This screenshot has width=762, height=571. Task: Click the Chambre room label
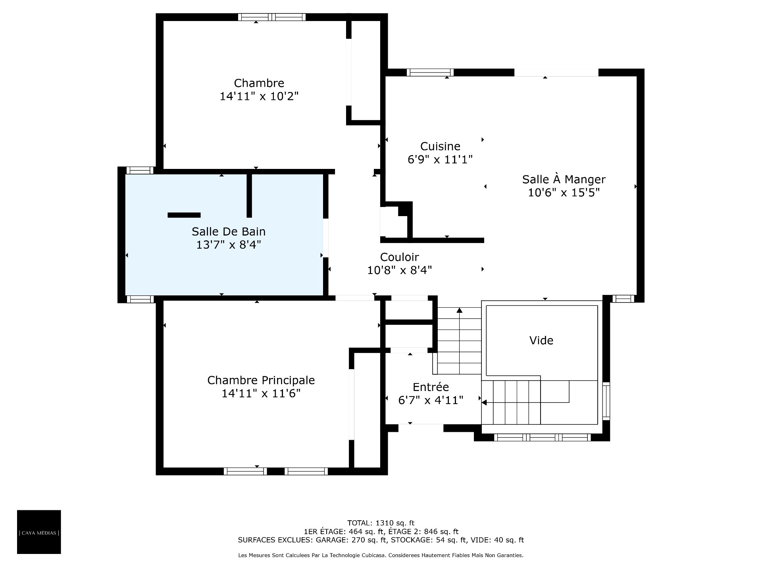259,83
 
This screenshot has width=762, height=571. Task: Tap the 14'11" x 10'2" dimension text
259,96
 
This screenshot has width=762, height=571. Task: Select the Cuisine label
440,146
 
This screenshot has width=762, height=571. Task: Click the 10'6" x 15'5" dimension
564,192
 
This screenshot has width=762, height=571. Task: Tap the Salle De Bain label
229,232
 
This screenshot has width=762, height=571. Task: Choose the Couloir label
400,257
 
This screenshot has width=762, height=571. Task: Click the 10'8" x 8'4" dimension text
400,270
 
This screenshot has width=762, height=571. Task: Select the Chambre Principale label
261,380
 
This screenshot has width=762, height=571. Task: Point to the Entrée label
431,387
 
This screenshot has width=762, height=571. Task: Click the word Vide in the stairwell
541,340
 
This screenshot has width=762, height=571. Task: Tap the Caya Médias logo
39,532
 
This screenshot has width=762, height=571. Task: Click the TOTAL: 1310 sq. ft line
381,523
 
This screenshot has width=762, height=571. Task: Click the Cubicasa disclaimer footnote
381,556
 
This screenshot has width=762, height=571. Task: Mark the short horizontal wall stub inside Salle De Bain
184,215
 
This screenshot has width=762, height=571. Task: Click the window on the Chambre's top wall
272,17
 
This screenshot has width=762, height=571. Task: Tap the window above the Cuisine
430,73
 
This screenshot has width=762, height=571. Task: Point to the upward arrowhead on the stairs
460,310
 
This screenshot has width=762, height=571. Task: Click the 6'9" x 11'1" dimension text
440,159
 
